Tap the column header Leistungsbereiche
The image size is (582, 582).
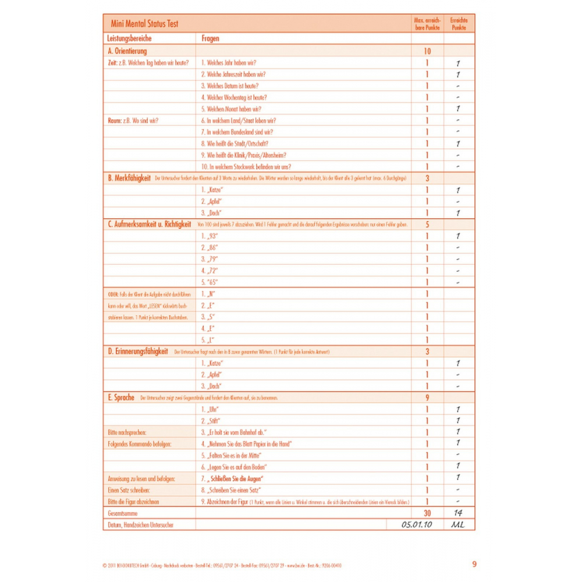coord(130,39)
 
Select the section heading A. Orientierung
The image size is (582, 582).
coord(127,51)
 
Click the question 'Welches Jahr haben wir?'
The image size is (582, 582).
coord(229,63)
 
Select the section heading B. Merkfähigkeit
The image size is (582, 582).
coord(129,178)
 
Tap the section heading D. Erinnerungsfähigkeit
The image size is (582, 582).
coord(138,352)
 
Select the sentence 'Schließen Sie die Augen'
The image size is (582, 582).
coord(236,478)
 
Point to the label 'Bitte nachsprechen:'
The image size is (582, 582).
coord(126,432)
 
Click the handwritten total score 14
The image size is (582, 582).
coord(458,513)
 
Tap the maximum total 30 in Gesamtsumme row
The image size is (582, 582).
coord(427,513)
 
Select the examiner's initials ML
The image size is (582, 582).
coord(458,524)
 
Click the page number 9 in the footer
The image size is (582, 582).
coord(474,564)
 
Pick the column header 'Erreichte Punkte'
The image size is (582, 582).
coord(459,24)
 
